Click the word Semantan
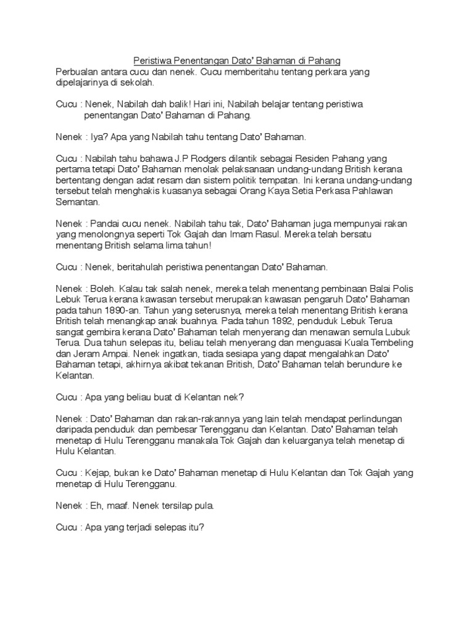[x=78, y=202]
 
